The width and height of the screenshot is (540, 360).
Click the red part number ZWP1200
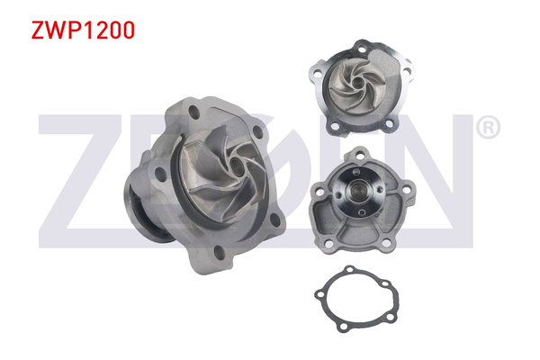pos(83,30)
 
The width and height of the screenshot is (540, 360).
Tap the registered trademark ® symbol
pos(488,127)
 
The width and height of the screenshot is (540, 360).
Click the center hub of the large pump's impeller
pos(236,166)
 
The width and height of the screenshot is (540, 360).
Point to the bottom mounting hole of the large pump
pos(220,253)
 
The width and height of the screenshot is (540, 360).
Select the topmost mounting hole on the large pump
pos(193,112)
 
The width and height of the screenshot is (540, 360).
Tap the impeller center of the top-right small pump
pos(358,82)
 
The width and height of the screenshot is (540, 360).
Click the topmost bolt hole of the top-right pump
pos(362,49)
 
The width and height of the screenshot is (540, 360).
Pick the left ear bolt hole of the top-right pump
pos(317,72)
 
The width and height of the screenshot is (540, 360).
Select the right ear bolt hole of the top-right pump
pos(407,72)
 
